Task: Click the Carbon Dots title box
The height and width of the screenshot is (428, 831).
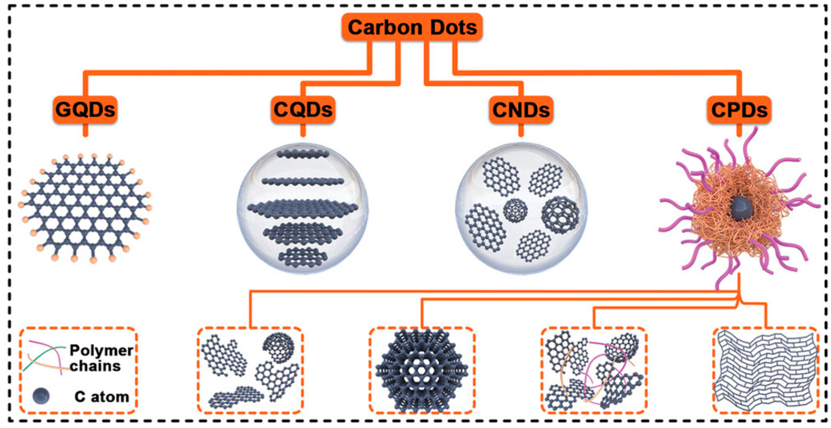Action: point(412,27)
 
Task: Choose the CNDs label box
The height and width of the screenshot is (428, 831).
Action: point(521,110)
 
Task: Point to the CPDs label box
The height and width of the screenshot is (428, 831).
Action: point(739,110)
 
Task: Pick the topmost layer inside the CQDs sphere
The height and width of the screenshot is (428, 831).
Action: point(303,154)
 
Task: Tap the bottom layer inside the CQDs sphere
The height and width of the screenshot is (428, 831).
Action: point(303,257)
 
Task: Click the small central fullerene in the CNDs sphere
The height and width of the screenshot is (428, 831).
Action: point(515,210)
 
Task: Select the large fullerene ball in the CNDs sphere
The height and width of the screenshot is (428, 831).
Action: point(560,215)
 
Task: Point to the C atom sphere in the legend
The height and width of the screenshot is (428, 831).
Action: point(41,396)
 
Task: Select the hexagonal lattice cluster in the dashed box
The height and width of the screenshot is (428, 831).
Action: point(422,371)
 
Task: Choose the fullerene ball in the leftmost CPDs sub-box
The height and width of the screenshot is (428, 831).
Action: point(278,347)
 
